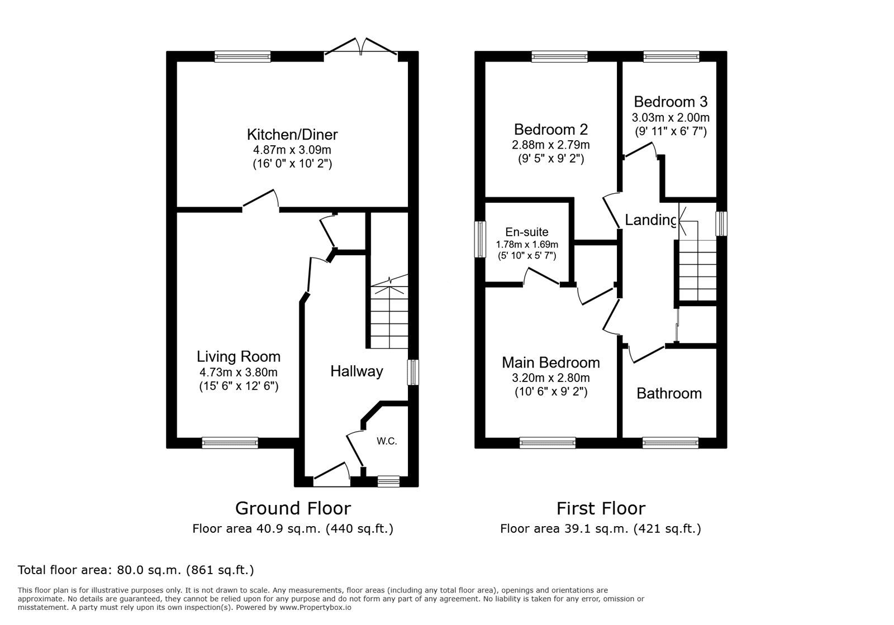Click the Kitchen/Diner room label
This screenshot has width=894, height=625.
[292, 135]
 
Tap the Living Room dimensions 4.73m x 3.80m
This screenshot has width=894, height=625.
[239, 372]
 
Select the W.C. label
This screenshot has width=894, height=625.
[387, 441]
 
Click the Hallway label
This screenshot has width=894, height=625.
[356, 371]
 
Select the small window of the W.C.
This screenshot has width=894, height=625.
[388, 481]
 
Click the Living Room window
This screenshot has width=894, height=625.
[230, 443]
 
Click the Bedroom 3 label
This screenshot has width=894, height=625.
[670, 102]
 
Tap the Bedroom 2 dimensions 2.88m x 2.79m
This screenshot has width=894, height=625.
[551, 145]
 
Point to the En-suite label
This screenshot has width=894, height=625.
[527, 232]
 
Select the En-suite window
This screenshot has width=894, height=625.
[480, 240]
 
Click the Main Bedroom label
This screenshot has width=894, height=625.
[551, 362]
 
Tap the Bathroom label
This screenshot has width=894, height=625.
[669, 393]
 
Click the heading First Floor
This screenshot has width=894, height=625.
[601, 508]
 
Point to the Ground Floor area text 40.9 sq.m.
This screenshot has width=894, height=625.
[293, 528]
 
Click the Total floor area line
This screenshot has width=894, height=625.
[136, 570]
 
